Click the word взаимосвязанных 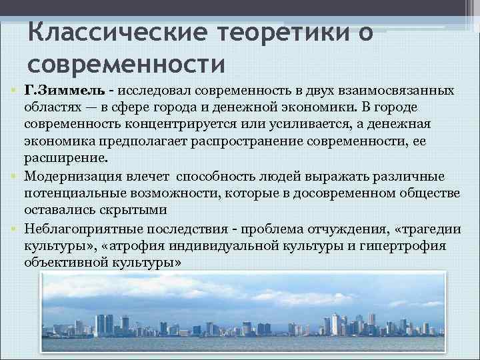tap(390, 90)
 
